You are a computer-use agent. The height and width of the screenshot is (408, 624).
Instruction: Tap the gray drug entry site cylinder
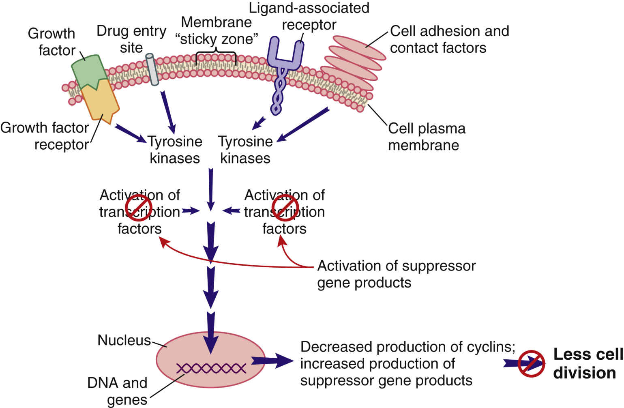click(x=152, y=69)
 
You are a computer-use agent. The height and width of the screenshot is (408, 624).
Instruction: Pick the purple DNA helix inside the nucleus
click(x=211, y=368)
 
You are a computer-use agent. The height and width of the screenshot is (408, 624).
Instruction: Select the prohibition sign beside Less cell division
click(x=531, y=363)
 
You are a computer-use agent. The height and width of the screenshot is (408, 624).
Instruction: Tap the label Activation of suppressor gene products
click(x=396, y=274)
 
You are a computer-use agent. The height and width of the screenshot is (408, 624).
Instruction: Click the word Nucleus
click(x=124, y=340)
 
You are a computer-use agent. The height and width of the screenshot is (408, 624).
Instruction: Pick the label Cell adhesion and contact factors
click(x=449, y=39)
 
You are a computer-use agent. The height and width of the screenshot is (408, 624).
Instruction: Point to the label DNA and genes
click(x=118, y=391)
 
